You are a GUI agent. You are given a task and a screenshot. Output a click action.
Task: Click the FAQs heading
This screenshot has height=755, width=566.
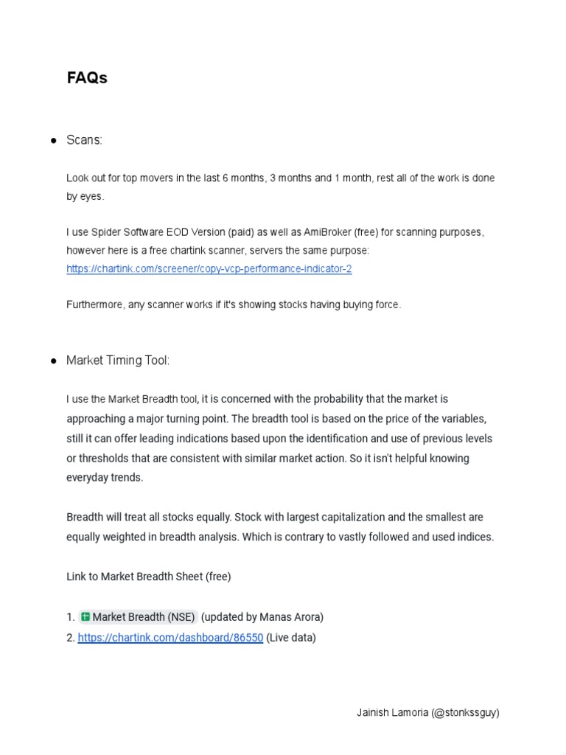pos(87,78)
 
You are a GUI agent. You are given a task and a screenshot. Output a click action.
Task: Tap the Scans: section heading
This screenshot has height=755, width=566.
pos(85,140)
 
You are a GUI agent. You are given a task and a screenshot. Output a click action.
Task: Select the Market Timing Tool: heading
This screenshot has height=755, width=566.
pos(118,361)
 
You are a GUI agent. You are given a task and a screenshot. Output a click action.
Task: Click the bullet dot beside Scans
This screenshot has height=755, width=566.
pos(54,141)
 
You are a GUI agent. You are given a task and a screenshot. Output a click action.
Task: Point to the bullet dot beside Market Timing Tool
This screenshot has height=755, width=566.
pos(54,361)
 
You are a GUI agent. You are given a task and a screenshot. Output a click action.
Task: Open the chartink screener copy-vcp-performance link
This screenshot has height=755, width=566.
pos(209,269)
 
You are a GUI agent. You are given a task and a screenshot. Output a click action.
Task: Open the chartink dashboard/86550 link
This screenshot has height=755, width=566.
pos(170,638)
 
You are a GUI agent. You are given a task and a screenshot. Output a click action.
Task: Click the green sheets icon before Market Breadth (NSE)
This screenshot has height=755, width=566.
pos(85,616)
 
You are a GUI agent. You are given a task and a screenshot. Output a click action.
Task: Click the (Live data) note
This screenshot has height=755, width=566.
pos(291,638)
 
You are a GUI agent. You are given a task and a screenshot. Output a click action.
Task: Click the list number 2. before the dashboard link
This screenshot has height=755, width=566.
pos(71,638)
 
